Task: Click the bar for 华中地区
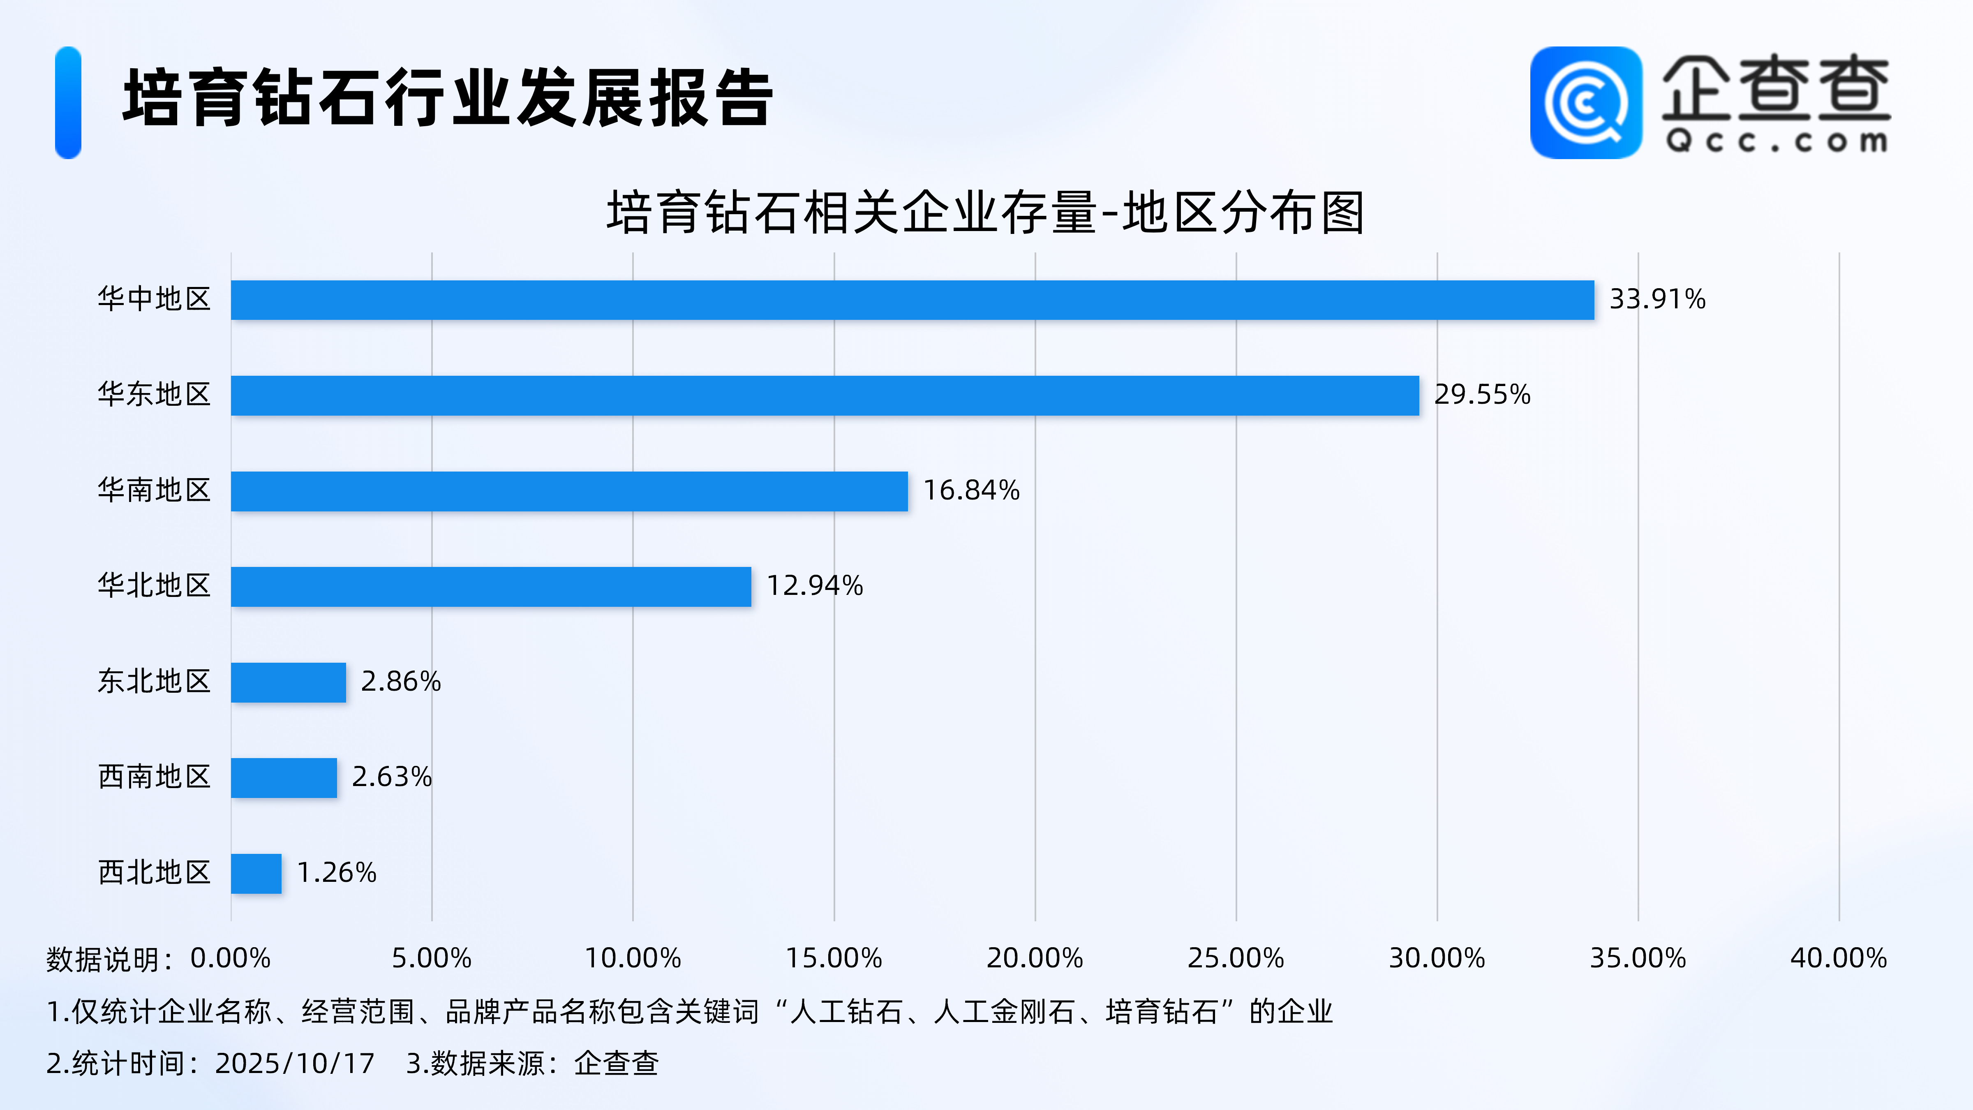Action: pos(911,300)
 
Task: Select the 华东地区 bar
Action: pos(824,395)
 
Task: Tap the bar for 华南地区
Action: pos(569,491)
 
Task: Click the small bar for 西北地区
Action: pos(256,873)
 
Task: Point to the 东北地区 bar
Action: pos(288,682)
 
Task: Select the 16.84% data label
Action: pos(971,490)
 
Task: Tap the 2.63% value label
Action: pos(391,777)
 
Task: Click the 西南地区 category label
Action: pos(154,777)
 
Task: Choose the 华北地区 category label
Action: pos(154,585)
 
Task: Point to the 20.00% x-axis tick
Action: pos(1034,958)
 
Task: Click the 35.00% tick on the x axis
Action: pos(1638,958)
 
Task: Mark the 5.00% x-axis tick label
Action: pos(431,958)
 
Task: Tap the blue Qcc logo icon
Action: pos(1585,103)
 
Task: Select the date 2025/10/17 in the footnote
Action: pos(295,1063)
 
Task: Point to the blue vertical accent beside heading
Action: pos(68,103)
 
